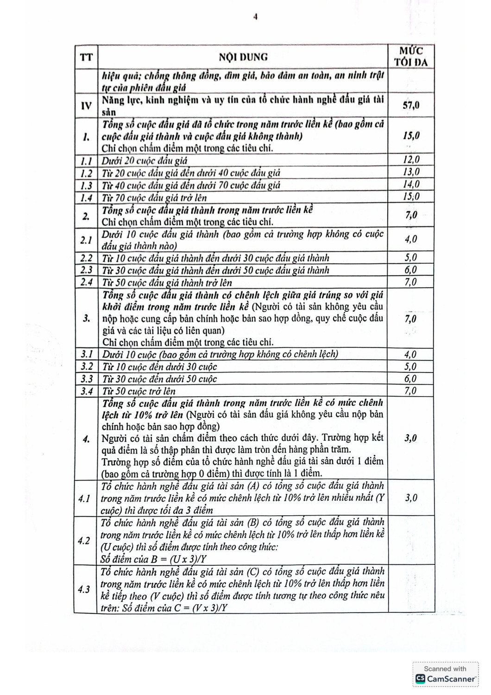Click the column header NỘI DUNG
(x=243, y=57)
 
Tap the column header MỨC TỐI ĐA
(x=411, y=57)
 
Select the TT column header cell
(x=86, y=57)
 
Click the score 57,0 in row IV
(x=411, y=105)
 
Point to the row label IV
(x=86, y=106)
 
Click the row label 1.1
(x=86, y=161)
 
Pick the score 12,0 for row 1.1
(x=411, y=160)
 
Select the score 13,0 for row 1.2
(x=411, y=172)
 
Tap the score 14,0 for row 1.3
(x=411, y=184)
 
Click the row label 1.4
(x=86, y=198)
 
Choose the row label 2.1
(x=86, y=240)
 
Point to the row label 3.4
(x=86, y=391)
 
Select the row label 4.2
(x=84, y=541)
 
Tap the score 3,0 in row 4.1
(x=411, y=498)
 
